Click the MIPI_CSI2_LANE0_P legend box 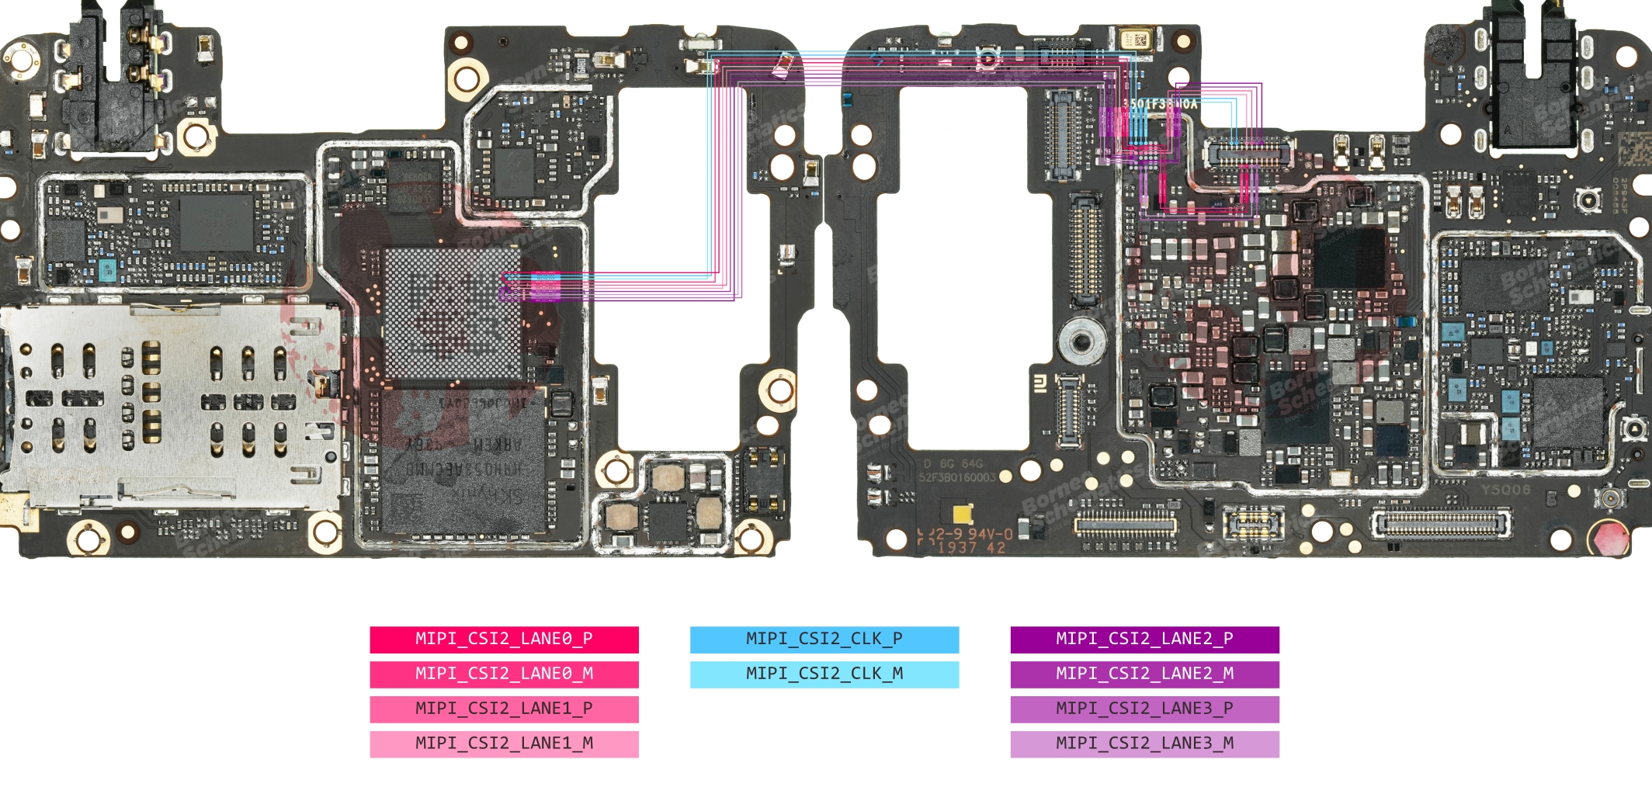point(504,640)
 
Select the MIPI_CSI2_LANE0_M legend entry point(504,674)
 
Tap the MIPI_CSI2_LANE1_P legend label point(504,709)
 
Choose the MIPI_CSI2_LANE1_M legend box point(504,744)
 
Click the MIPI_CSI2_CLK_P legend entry point(824,640)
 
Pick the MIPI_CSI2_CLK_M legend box point(824,674)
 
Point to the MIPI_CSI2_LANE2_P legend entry point(1144,640)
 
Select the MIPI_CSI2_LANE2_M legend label point(1144,674)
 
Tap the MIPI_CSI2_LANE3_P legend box point(1144,709)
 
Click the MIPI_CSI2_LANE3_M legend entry point(1144,744)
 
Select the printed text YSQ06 point(1504,490)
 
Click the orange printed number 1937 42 point(971,547)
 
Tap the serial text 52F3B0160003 point(956,477)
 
